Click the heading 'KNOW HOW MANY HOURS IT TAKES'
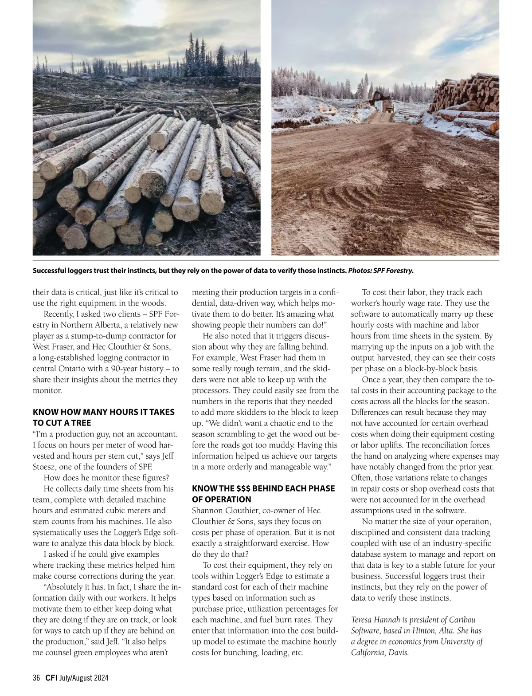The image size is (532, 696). coord(103,412)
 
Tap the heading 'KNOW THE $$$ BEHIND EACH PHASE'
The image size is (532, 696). coord(263,488)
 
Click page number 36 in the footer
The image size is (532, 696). coord(36,678)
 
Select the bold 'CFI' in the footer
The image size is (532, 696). coord(51,678)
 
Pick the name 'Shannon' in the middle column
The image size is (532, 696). coord(207,511)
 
